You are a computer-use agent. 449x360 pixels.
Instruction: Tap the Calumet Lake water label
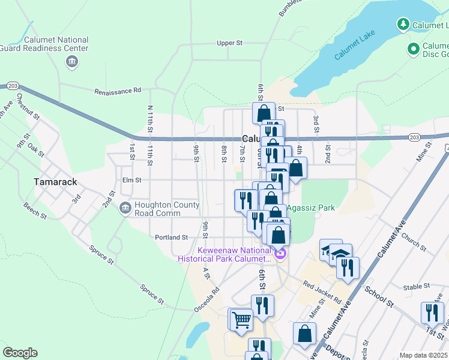tap(354, 47)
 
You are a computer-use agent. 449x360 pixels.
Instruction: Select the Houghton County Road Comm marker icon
tap(125, 208)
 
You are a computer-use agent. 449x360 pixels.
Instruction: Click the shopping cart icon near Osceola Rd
tap(241, 320)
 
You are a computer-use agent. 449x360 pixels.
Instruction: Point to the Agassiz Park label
tap(310, 209)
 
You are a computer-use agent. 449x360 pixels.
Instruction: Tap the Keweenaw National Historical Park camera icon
tap(280, 255)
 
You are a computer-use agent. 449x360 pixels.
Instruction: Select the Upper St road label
tap(229, 43)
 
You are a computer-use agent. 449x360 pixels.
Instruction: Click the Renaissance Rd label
tap(117, 91)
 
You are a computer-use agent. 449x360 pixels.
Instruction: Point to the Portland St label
tap(172, 237)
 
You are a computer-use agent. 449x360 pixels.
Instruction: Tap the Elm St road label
tap(131, 179)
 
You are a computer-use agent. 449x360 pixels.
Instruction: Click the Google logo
tap(20, 353)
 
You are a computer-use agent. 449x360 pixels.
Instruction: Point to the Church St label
tap(414, 241)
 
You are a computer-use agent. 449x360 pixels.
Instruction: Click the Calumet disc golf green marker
tap(413, 48)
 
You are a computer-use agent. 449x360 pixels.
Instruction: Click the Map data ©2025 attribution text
tap(423, 355)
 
